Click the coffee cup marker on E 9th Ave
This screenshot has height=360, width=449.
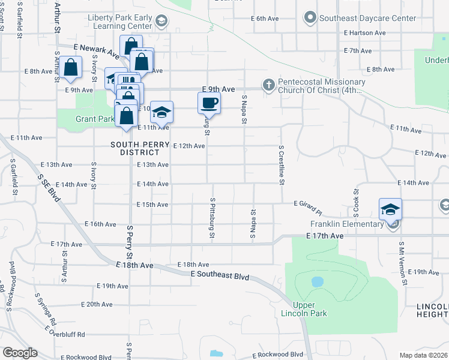point(209,103)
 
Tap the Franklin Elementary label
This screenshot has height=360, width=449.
point(346,224)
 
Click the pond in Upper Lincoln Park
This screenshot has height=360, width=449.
point(318,281)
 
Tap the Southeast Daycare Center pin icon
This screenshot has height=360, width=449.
point(310,18)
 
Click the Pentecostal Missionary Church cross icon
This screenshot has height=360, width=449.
point(268,85)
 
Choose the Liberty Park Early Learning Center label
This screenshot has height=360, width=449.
point(119,22)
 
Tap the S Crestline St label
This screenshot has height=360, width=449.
point(280,164)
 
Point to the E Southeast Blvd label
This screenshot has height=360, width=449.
point(220,274)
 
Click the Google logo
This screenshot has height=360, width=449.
point(20,353)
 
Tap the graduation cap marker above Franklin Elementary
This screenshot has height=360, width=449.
point(390,209)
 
